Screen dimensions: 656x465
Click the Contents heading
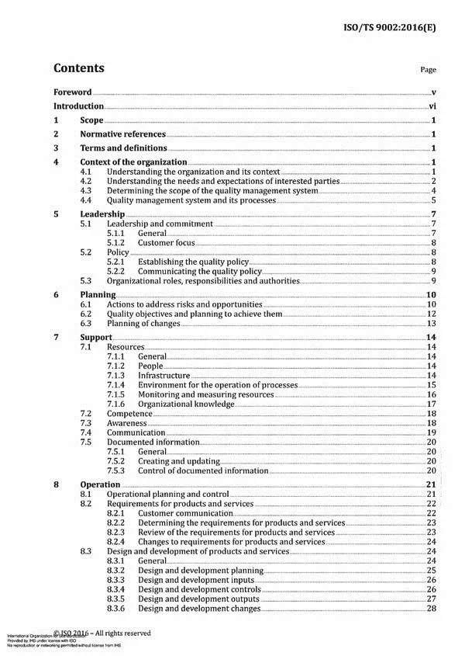point(79,68)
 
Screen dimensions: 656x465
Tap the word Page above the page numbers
point(428,70)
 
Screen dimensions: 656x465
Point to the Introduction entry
point(78,106)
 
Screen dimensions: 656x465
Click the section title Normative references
point(122,134)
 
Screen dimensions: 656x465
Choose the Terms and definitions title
point(123,148)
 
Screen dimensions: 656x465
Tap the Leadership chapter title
point(102,213)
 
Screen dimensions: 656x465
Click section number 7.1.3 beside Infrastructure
point(115,376)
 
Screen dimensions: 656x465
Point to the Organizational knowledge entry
point(186,404)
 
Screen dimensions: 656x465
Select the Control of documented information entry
point(203,470)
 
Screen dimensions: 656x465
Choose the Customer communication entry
point(183,513)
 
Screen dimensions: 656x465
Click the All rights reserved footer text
point(132,633)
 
